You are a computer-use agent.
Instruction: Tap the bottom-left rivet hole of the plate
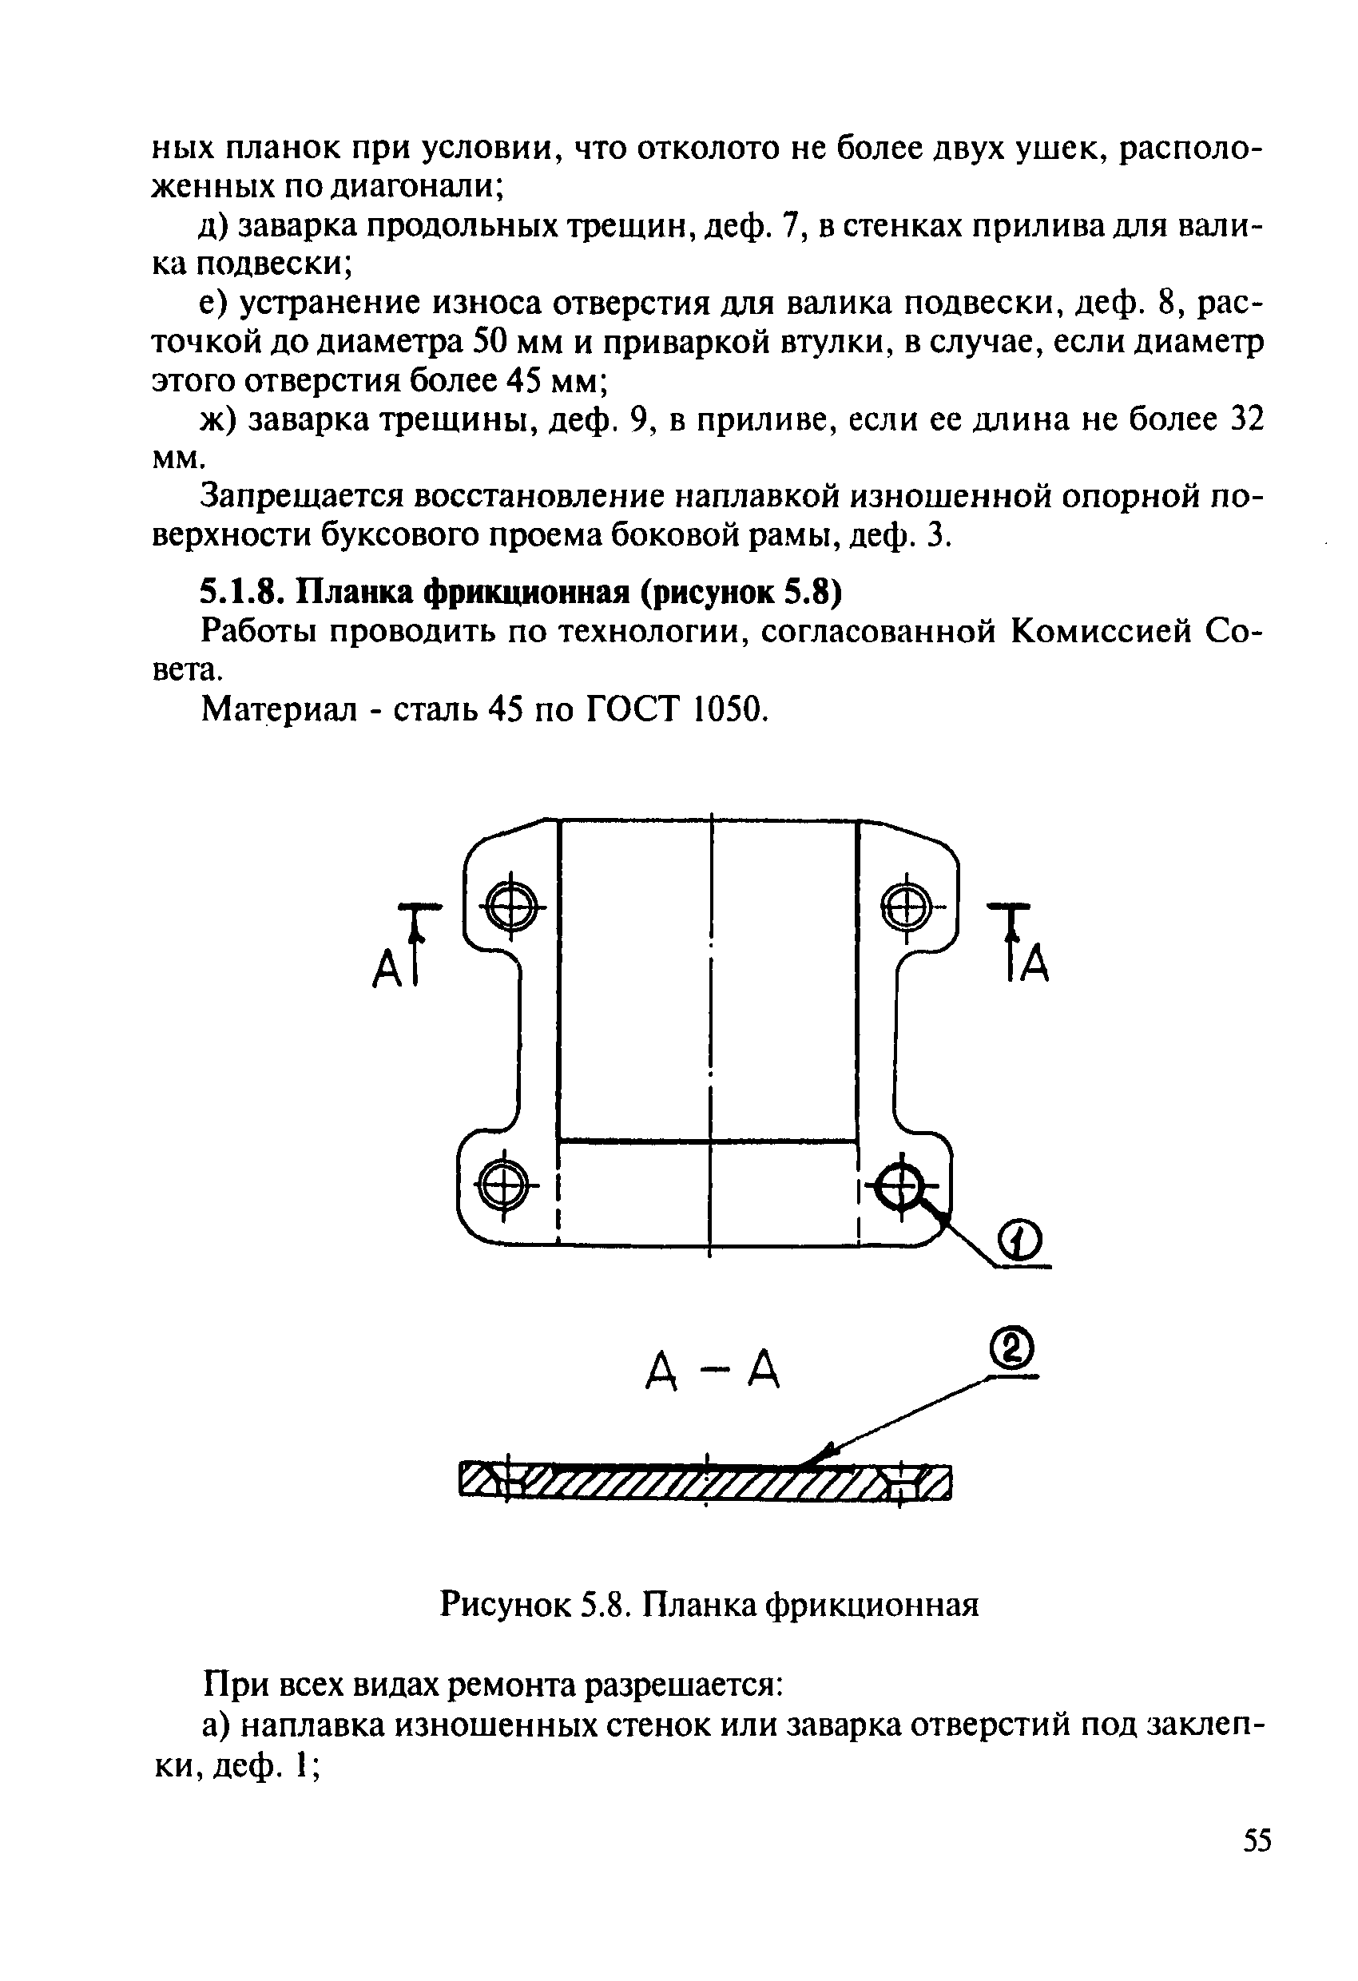503,1184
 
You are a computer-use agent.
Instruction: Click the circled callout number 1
1019,1243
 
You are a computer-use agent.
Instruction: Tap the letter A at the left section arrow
387,969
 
